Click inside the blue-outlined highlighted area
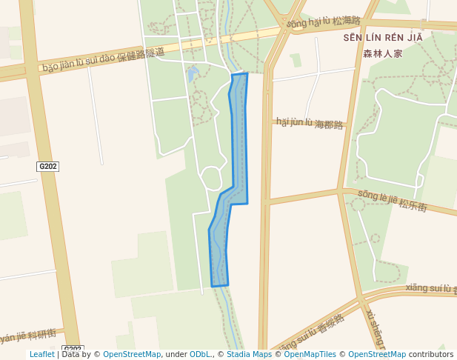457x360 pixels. [x=238, y=148]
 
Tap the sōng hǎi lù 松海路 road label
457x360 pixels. [x=323, y=22]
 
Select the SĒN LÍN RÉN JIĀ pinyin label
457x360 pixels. [x=382, y=38]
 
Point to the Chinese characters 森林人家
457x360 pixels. [x=382, y=53]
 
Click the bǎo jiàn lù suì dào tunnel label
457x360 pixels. [x=104, y=61]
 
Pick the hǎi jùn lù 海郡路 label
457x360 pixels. [x=310, y=123]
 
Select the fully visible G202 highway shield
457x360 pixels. [x=47, y=167]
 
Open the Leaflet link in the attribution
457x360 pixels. [x=41, y=355]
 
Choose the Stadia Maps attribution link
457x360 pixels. [x=248, y=355]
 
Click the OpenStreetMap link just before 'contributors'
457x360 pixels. [x=377, y=355]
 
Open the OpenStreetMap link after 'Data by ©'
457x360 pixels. [x=132, y=355]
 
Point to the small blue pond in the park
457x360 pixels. [x=193, y=74]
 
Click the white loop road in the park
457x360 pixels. [x=211, y=178]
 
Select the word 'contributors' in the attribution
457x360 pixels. [x=430, y=355]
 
